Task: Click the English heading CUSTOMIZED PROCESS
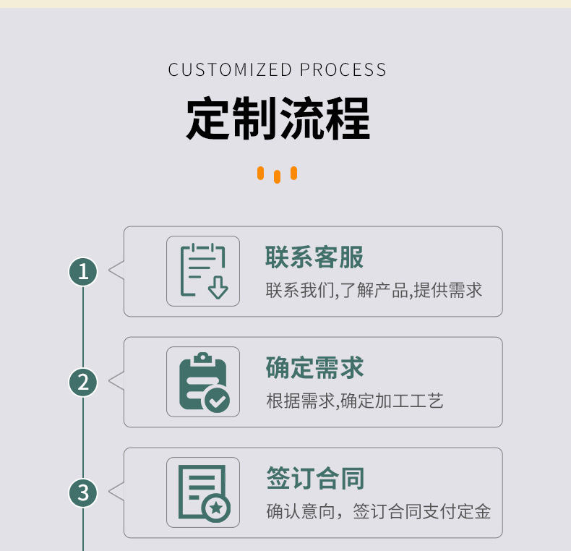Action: click(x=278, y=70)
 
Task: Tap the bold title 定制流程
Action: click(x=278, y=119)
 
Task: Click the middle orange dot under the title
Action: click(x=277, y=176)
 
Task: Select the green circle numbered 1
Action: click(x=83, y=271)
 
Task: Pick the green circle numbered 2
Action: click(x=83, y=382)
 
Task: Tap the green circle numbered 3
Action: click(x=83, y=492)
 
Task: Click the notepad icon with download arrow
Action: click(x=203, y=271)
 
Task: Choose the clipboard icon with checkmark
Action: click(x=203, y=382)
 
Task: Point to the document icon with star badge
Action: click(x=203, y=492)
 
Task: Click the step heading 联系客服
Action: click(x=314, y=257)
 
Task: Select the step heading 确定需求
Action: click(x=314, y=368)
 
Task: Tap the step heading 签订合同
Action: click(x=314, y=479)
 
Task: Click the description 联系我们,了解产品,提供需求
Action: click(x=374, y=291)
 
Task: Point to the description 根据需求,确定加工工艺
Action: click(x=354, y=401)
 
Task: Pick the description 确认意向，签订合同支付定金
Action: click(x=378, y=512)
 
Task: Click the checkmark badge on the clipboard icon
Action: click(x=216, y=399)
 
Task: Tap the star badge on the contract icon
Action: click(x=216, y=509)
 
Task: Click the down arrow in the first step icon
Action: click(x=218, y=289)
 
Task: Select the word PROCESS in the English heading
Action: click(x=343, y=70)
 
